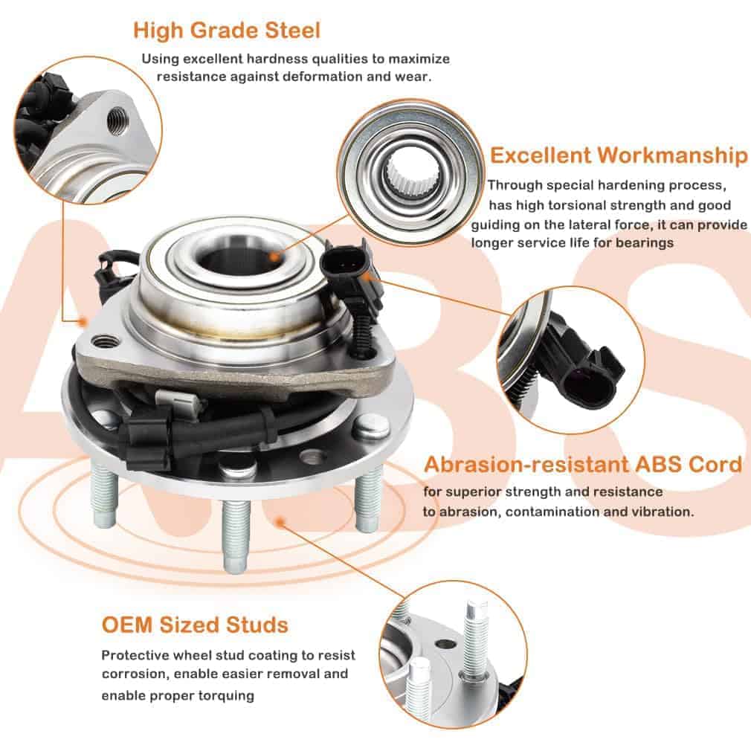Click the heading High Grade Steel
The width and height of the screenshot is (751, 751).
(227, 30)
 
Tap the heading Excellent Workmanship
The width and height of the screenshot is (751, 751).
(619, 155)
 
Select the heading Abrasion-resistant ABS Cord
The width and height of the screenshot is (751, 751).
(583, 465)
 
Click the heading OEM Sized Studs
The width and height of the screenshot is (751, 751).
(195, 625)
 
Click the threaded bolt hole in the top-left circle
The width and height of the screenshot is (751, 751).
(117, 120)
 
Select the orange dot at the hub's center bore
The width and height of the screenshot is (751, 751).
(274, 257)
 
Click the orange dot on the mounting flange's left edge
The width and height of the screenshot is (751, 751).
(83, 322)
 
